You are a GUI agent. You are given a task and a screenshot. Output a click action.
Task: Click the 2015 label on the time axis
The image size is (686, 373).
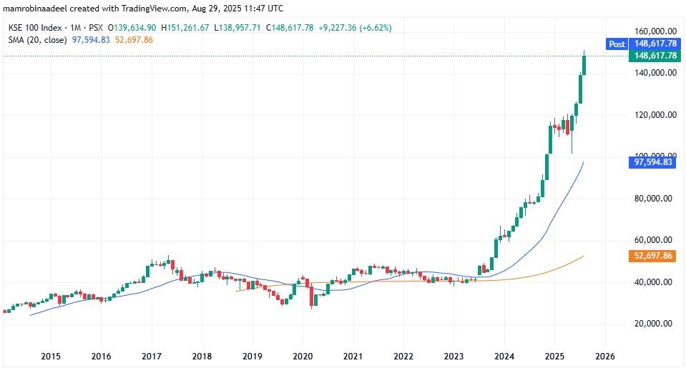pyautogui.click(x=51, y=355)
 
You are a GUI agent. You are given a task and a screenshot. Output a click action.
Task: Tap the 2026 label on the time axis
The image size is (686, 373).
pyautogui.click(x=604, y=355)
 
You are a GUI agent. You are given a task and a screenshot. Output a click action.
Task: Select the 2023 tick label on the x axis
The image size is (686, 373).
pyautogui.click(x=454, y=355)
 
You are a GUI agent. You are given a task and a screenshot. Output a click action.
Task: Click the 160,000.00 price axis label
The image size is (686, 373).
pyautogui.click(x=655, y=31)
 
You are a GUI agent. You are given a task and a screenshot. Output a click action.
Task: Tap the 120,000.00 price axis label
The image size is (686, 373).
pyautogui.click(x=655, y=115)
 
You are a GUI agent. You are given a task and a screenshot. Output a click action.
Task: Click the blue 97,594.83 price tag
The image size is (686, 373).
pyautogui.click(x=654, y=163)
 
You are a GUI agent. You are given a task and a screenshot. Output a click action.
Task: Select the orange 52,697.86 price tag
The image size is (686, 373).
pyautogui.click(x=654, y=256)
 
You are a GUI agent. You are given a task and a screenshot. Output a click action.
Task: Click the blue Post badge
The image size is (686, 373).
pyautogui.click(x=617, y=44)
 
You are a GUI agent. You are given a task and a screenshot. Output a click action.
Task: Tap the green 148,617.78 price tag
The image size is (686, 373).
pyautogui.click(x=654, y=56)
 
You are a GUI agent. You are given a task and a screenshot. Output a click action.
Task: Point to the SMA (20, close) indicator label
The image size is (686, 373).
pyautogui.click(x=38, y=39)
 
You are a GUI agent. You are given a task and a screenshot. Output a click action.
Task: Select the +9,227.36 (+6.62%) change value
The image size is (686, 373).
pyautogui.click(x=353, y=28)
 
